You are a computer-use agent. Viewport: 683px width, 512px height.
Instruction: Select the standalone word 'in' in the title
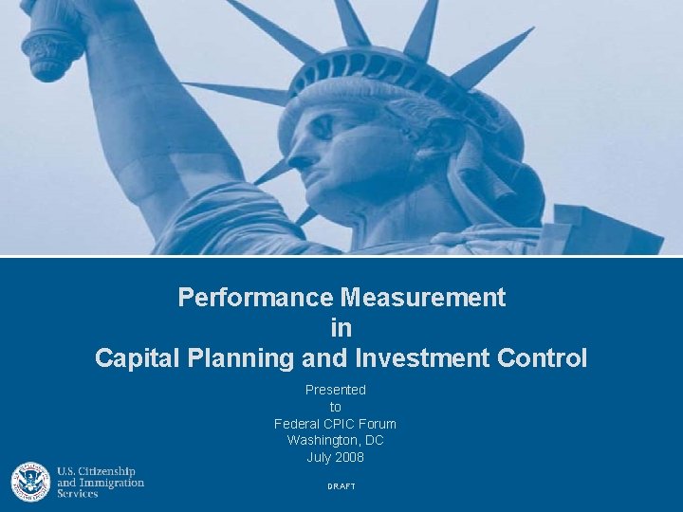click(341, 328)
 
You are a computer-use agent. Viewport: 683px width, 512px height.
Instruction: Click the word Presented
click(335, 390)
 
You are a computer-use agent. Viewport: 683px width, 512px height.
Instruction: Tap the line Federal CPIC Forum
click(335, 424)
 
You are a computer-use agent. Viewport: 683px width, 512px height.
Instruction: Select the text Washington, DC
click(335, 441)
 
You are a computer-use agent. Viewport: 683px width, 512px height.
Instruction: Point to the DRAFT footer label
click(341, 486)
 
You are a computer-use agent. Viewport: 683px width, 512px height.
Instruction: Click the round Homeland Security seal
click(30, 482)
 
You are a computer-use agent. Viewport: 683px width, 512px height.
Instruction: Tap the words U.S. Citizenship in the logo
click(96, 472)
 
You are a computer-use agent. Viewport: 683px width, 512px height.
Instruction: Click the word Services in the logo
click(78, 494)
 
